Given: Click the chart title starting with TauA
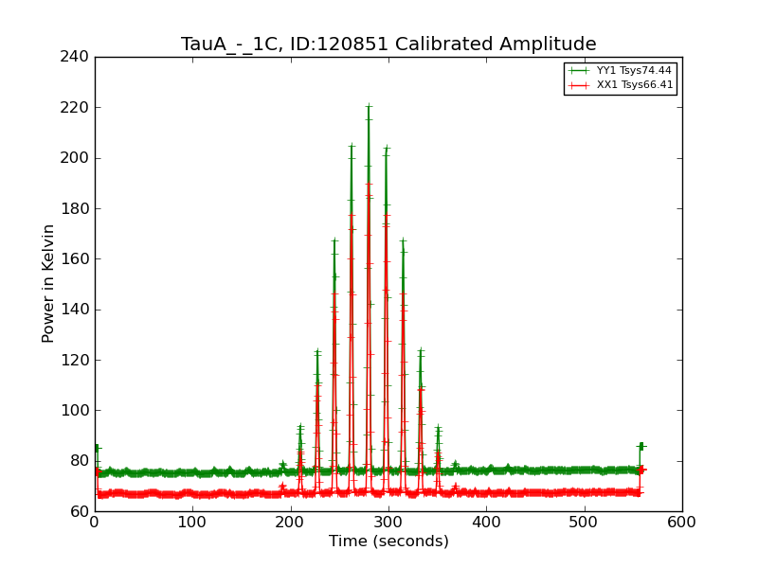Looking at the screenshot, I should tap(388, 44).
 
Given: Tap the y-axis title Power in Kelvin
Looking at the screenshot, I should tap(48, 283).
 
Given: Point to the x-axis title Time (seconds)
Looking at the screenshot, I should tap(388, 541).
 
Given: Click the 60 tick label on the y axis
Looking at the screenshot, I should tap(79, 511).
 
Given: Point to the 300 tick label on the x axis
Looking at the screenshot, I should tap(388, 521).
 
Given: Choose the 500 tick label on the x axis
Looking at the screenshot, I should tap(584, 521).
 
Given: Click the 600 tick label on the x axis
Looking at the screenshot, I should tap(681, 521).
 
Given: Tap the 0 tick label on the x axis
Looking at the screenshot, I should tap(95, 521).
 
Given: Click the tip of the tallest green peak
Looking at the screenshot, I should tap(369, 106).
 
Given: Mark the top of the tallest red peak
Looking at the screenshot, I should tap(369, 184).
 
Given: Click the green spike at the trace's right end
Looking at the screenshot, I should tap(641, 445).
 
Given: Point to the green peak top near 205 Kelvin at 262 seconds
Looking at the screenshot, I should tap(352, 146).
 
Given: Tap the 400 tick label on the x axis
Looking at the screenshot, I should tap(486, 521).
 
